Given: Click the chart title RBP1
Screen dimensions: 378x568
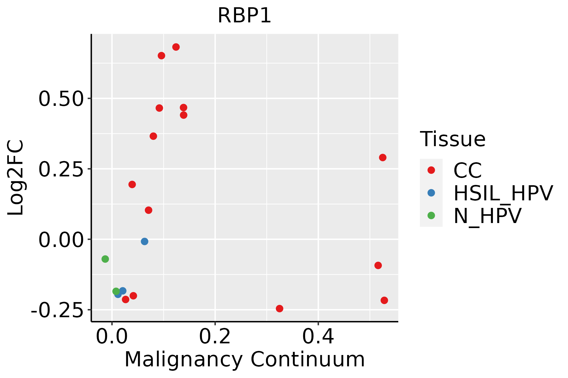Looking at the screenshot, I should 244,16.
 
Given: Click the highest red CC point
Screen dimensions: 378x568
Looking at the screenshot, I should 176,47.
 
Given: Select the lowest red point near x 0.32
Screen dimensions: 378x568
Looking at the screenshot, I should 279,308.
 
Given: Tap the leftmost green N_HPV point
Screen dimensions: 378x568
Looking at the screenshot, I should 105,259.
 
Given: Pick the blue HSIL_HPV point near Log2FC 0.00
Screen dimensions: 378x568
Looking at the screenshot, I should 145,241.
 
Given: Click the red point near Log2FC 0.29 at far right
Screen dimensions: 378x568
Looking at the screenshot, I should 382,157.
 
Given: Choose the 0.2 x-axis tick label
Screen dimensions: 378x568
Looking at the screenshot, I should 215,336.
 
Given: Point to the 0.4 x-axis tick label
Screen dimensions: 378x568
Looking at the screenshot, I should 318,336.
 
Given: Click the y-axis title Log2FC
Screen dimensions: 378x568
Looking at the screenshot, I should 16,178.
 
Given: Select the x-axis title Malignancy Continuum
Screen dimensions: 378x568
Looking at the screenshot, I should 245,359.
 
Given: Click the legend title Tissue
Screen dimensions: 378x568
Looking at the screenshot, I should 453,139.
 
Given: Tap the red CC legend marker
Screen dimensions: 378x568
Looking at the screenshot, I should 431,170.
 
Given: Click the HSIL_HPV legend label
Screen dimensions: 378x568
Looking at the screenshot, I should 503,193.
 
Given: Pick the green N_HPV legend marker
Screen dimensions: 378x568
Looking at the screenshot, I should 431,215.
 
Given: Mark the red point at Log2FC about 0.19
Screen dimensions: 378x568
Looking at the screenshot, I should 132,184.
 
